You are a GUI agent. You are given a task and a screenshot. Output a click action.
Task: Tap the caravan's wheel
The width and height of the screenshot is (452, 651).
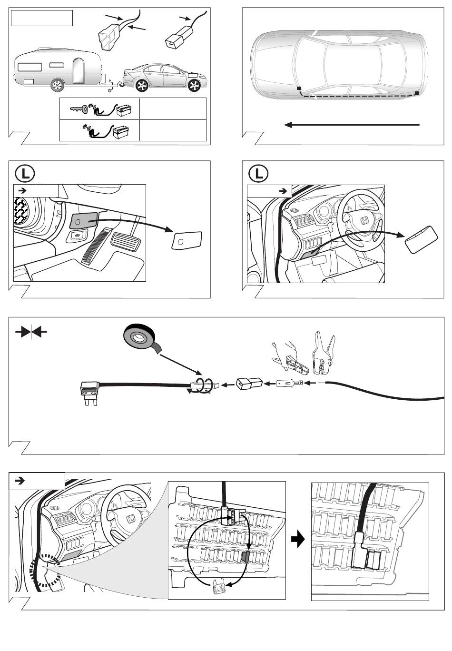click(x=58, y=85)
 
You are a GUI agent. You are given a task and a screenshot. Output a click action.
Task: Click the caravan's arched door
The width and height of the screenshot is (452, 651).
click(x=79, y=70)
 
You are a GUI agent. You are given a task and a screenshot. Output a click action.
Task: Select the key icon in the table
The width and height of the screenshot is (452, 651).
click(x=78, y=108)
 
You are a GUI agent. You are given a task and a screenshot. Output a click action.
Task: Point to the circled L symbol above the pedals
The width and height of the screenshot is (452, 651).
click(x=25, y=174)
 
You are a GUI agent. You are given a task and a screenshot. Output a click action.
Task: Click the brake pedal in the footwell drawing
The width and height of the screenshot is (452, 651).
click(x=126, y=242)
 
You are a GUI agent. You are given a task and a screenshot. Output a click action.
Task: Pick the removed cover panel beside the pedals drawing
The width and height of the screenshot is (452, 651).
click(x=187, y=240)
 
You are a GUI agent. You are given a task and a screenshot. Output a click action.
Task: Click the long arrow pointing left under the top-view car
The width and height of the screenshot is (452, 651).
click(x=352, y=125)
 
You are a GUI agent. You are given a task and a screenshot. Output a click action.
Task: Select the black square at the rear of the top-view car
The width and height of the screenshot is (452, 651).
click(x=417, y=93)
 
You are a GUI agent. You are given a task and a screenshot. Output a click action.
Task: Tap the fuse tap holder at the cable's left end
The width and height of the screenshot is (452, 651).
click(x=90, y=392)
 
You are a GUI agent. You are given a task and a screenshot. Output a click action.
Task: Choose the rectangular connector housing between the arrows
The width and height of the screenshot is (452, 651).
click(x=249, y=384)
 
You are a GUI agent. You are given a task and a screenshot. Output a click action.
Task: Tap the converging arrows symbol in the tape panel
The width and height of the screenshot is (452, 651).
click(x=31, y=332)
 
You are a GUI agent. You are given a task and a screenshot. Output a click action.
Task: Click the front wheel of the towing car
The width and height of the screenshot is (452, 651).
click(x=194, y=85)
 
